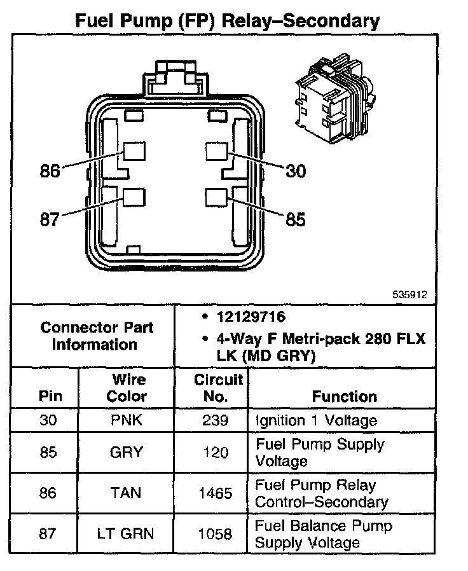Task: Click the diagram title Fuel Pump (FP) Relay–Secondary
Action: pos(227,21)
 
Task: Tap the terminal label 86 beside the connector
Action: pos(50,171)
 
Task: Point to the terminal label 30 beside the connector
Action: pos(295,171)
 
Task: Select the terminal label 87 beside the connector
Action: pos(50,219)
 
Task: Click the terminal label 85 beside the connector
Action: pos(295,219)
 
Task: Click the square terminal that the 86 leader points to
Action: pos(134,151)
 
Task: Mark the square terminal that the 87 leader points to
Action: pos(134,197)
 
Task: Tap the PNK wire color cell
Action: pos(126,420)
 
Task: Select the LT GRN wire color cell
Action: pos(126,533)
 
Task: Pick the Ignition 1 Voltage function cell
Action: pos(316,420)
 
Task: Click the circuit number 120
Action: pos(216,452)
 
